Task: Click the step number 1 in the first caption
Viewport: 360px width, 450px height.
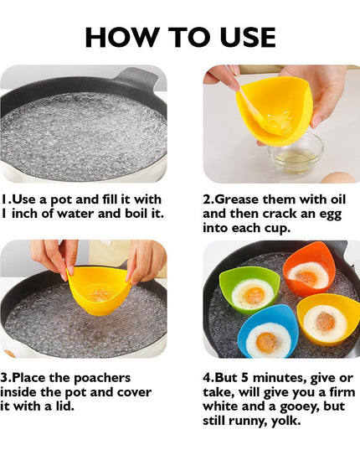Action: click(x=5, y=200)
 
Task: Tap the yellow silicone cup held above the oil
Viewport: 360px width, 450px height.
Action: click(x=274, y=109)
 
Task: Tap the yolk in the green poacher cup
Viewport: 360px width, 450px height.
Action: click(x=253, y=294)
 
